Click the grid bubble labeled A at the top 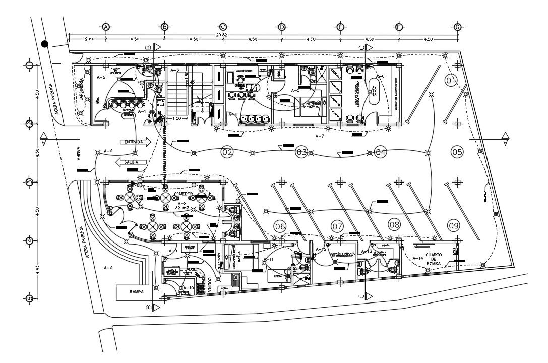pyautogui.click(x=106, y=27)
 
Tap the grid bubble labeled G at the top pyautogui.click(x=457, y=27)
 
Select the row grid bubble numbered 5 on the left pyautogui.click(x=29, y=298)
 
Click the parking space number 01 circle pyautogui.click(x=451, y=80)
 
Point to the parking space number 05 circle pyautogui.click(x=457, y=151)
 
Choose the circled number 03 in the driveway pyautogui.click(x=301, y=152)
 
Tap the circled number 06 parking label pyautogui.click(x=280, y=227)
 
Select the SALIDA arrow pyautogui.click(x=130, y=162)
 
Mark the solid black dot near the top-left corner pyautogui.click(x=45, y=44)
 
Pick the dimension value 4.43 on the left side pyautogui.click(x=30, y=270)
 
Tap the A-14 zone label pyautogui.click(x=417, y=258)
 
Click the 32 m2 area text pyautogui.click(x=182, y=207)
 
